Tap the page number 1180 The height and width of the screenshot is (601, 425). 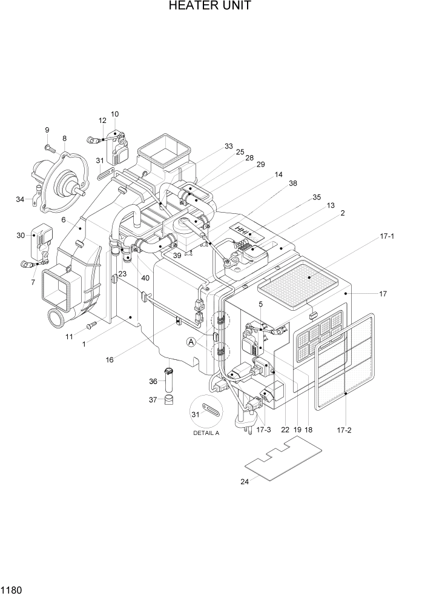[x=12, y=589]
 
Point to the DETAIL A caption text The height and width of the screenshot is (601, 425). [x=206, y=434]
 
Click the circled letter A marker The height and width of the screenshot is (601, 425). [x=191, y=342]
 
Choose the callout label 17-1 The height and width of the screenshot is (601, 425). [x=386, y=236]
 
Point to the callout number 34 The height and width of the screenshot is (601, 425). [x=21, y=199]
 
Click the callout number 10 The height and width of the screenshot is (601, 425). [x=114, y=115]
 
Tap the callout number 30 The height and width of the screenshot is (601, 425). [x=21, y=236]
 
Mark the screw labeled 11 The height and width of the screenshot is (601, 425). [x=91, y=326]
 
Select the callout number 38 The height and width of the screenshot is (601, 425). [x=293, y=182]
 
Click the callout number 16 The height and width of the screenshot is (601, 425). [x=109, y=359]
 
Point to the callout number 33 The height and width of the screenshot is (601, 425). [x=228, y=146]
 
